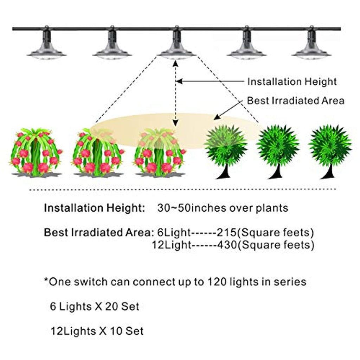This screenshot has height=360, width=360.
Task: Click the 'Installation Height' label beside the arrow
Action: point(292,82)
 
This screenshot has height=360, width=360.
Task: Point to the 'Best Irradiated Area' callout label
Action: point(295,101)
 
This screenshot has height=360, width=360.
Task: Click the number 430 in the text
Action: point(227,245)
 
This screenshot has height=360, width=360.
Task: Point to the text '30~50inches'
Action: point(190,208)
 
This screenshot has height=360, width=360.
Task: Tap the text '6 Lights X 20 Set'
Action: point(95,307)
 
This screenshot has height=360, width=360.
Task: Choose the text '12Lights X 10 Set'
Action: point(97,331)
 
